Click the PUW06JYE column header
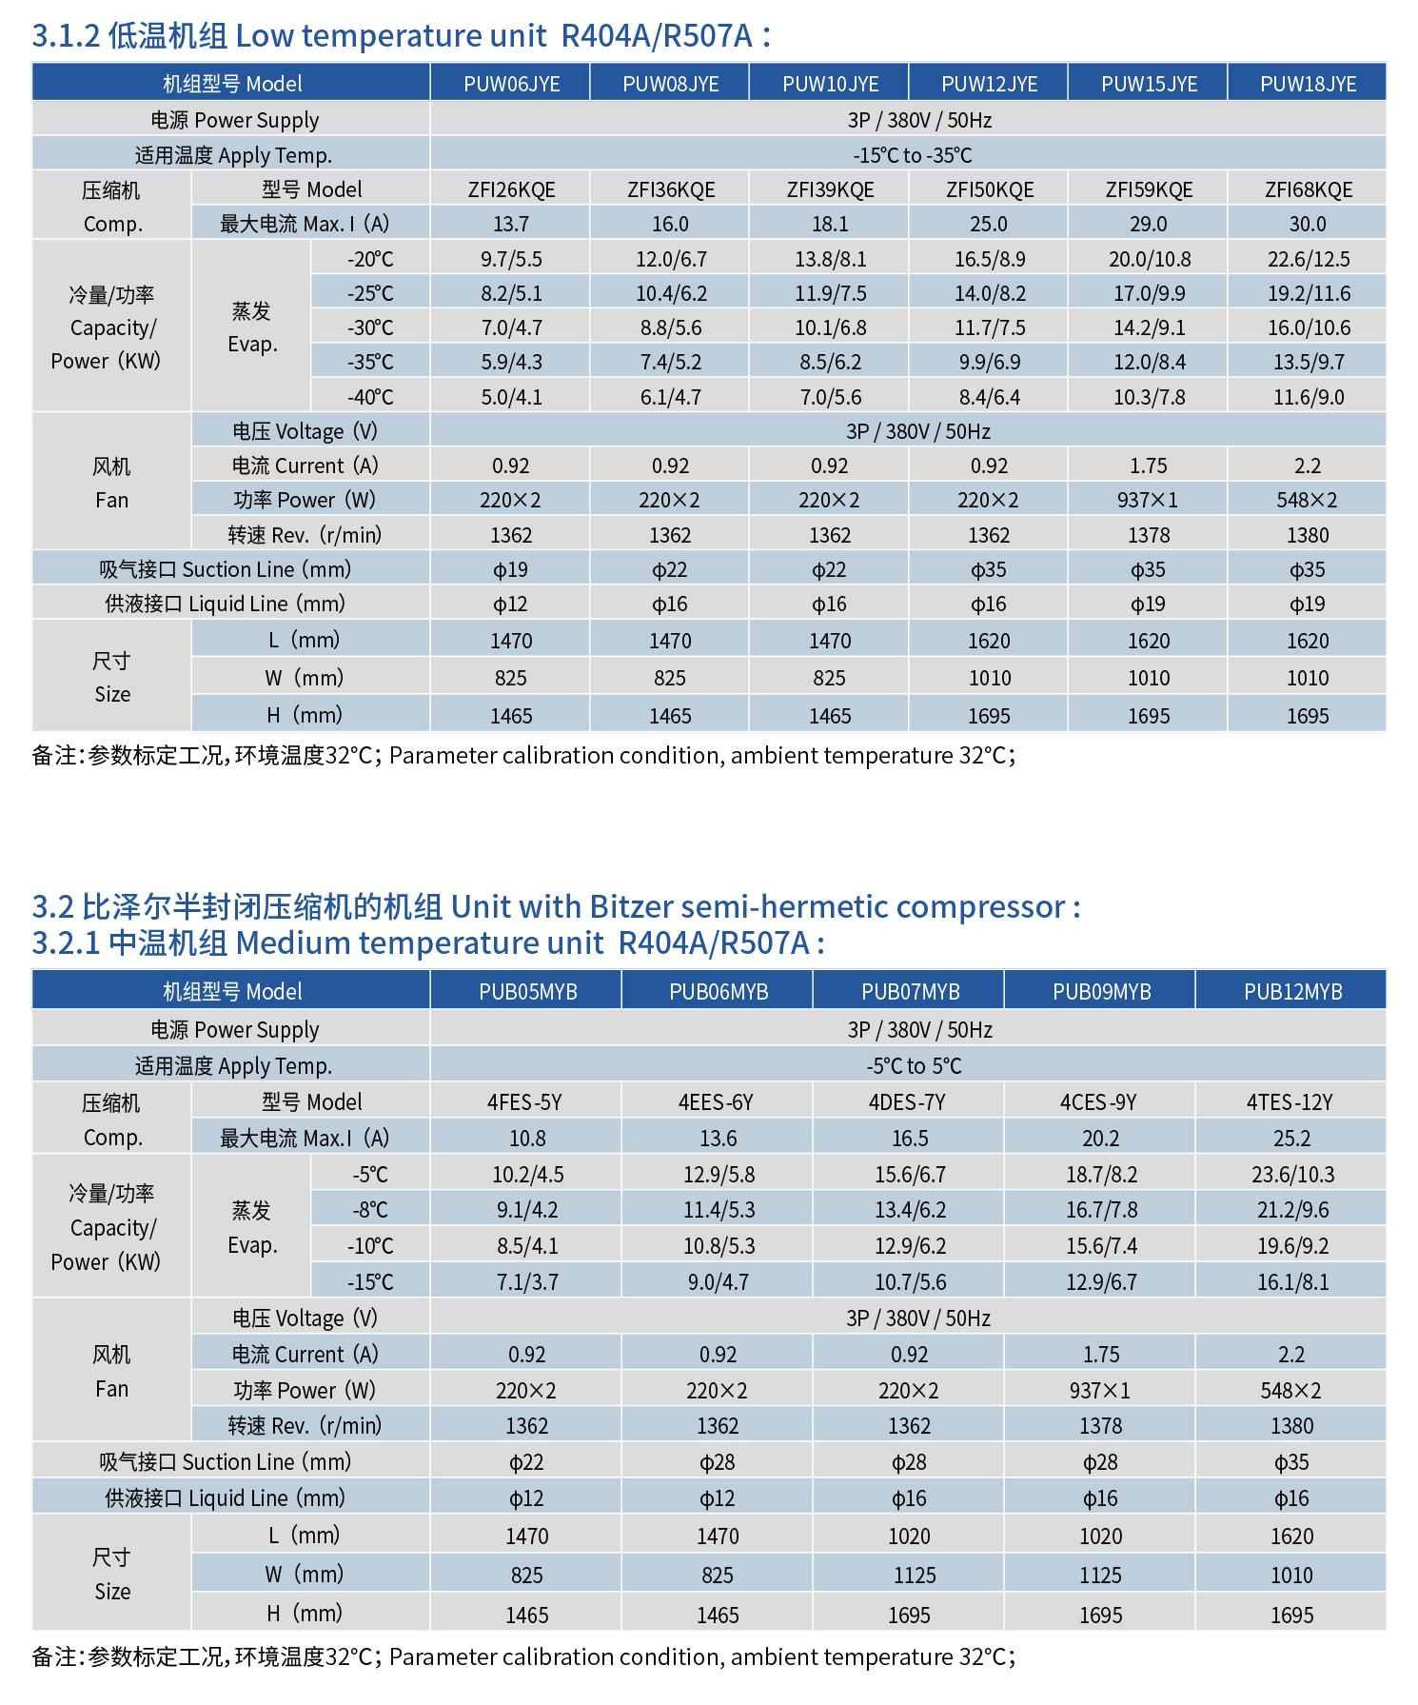(511, 84)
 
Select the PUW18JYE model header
(1308, 84)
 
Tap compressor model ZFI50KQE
(989, 189)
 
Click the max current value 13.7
(511, 224)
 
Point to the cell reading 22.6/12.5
(1308, 259)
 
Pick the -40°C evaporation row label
(370, 396)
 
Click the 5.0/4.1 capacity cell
(511, 396)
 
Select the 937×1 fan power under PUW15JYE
(1149, 500)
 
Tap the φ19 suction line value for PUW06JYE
(511, 569)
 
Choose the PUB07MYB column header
(910, 992)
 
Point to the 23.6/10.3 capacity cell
(1292, 1174)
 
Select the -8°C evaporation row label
(370, 1210)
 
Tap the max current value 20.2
(1100, 1139)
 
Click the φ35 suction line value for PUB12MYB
(1290, 1461)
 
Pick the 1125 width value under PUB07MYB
(914, 1576)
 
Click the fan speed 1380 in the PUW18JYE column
(1308, 535)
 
